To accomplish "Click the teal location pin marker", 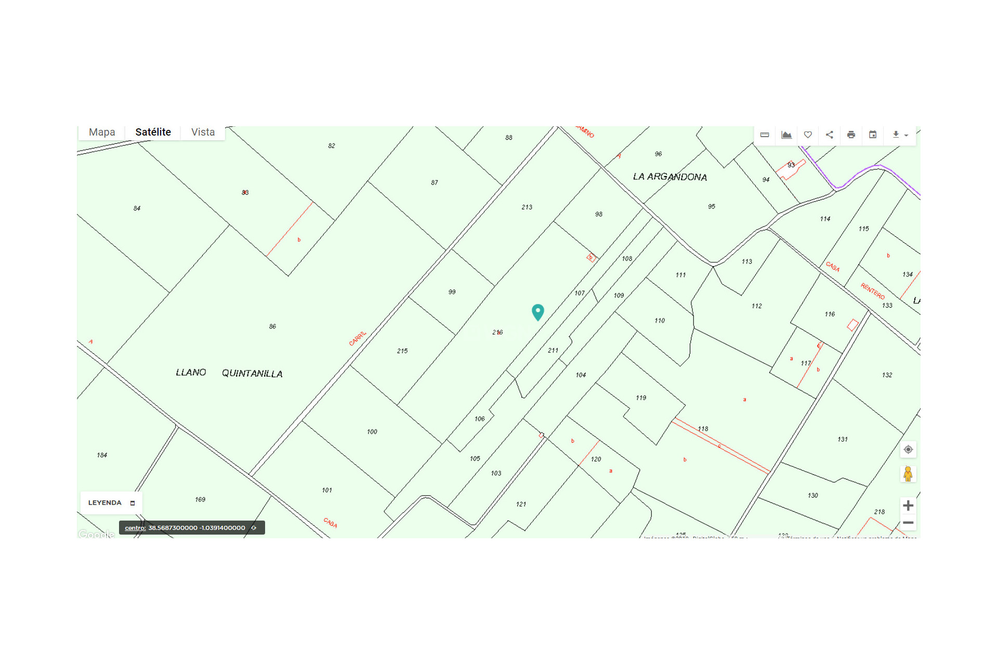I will point(537,311).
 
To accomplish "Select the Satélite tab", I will point(153,132).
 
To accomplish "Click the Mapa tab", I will point(102,132).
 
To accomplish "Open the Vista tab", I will point(203,132).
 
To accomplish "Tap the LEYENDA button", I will point(111,502).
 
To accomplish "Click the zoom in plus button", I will point(908,506).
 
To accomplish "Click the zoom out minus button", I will point(908,523).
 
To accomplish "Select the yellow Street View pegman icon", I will point(908,474).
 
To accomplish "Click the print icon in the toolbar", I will point(851,135).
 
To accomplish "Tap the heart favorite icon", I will point(808,135).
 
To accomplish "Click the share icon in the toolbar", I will point(830,135).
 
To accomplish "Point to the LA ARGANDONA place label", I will point(669,177).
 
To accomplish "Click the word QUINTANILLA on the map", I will point(252,374).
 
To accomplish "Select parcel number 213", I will point(527,207).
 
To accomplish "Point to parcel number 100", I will point(372,431).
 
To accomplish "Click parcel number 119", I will point(641,397).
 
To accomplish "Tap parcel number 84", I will point(137,208).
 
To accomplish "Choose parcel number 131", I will point(842,439).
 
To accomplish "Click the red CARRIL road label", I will point(358,338).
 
